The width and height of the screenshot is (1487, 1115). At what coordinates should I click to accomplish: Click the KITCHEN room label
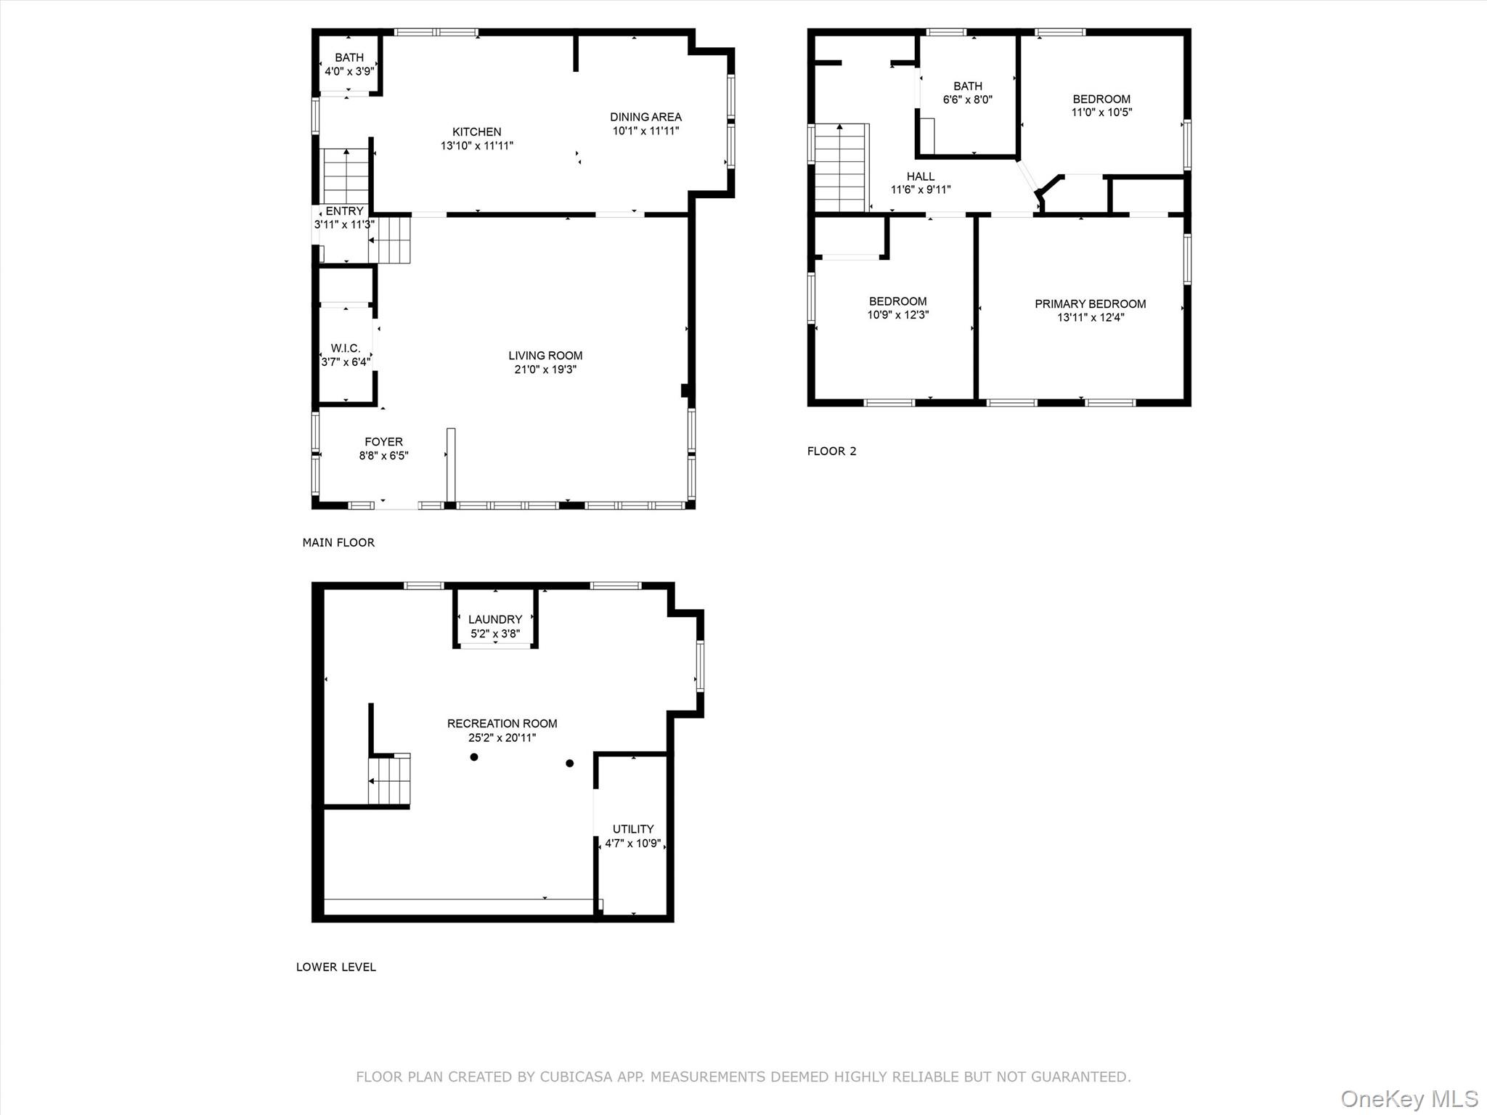click(x=477, y=131)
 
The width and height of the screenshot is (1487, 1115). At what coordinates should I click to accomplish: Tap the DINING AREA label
click(x=645, y=117)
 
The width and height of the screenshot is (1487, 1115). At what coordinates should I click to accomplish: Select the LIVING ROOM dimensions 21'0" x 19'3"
click(x=545, y=369)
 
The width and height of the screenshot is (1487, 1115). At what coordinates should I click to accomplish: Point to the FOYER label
click(x=383, y=441)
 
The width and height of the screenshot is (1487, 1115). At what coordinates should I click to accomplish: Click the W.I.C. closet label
click(x=346, y=348)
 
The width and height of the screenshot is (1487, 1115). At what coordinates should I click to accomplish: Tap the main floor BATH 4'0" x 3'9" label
click(x=349, y=65)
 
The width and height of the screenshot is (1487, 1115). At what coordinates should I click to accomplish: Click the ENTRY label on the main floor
click(x=344, y=211)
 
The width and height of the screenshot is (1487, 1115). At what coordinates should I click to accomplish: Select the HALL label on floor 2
click(x=921, y=176)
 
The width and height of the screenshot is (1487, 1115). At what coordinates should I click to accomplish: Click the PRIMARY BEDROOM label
click(x=1091, y=304)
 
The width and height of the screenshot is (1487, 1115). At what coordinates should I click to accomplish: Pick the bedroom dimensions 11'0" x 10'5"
click(x=1101, y=113)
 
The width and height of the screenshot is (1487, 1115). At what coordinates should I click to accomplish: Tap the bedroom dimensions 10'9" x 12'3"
click(x=898, y=315)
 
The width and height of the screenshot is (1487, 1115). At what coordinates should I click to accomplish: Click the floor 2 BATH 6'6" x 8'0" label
click(x=968, y=93)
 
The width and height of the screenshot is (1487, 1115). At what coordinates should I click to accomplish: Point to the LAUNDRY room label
click(x=495, y=619)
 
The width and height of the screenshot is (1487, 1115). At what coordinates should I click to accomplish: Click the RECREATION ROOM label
click(x=502, y=724)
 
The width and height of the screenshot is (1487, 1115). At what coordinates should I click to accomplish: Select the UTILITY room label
click(x=633, y=829)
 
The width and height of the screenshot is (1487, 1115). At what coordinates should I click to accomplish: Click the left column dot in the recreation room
click(x=474, y=757)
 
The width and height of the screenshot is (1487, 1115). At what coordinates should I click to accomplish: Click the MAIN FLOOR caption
click(x=338, y=542)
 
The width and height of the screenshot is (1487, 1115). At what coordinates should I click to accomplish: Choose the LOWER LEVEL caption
click(x=336, y=967)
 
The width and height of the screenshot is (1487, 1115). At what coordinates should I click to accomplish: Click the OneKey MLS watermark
click(x=1409, y=1098)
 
